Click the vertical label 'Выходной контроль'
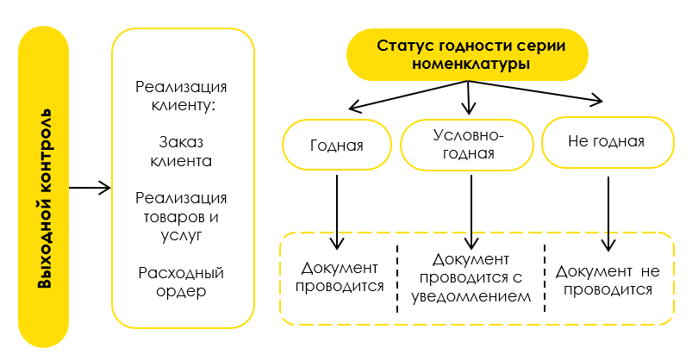click(45, 199)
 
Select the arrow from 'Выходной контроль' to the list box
click(90, 188)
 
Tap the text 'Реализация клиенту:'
click(181, 96)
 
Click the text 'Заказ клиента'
click(181, 152)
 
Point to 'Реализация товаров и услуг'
click(181, 217)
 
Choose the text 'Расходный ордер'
click(181, 282)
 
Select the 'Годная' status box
click(337, 145)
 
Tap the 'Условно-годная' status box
click(467, 145)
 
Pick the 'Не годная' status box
click(608, 142)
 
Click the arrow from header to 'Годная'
click(408, 96)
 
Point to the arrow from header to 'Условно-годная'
click(468, 97)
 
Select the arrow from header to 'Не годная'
click(535, 91)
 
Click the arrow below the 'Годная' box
click(337, 212)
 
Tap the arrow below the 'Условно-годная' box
click(471, 212)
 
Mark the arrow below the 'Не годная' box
click(608, 214)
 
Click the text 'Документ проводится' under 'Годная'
click(340, 277)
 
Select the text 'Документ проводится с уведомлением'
click(471, 278)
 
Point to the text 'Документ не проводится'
click(608, 280)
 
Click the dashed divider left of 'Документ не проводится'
click(545, 278)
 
